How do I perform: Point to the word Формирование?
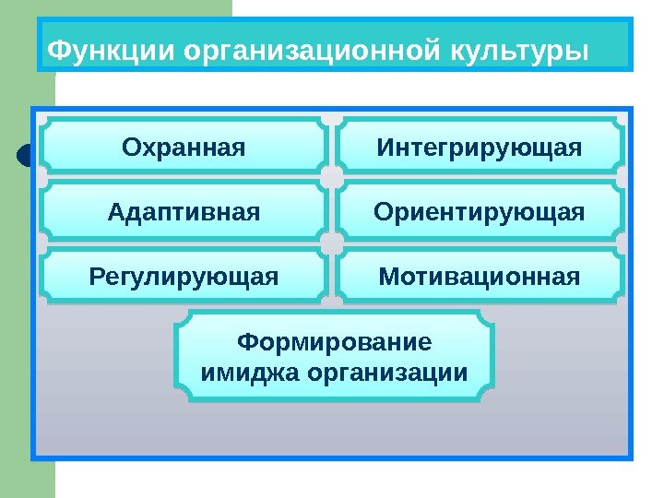coord(334,343)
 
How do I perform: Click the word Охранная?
coord(184,146)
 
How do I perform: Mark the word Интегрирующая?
coord(479,146)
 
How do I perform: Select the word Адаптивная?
coord(184,212)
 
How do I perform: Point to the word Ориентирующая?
coord(479,212)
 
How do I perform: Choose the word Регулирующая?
coord(184,276)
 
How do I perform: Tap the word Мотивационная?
coord(479,276)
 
